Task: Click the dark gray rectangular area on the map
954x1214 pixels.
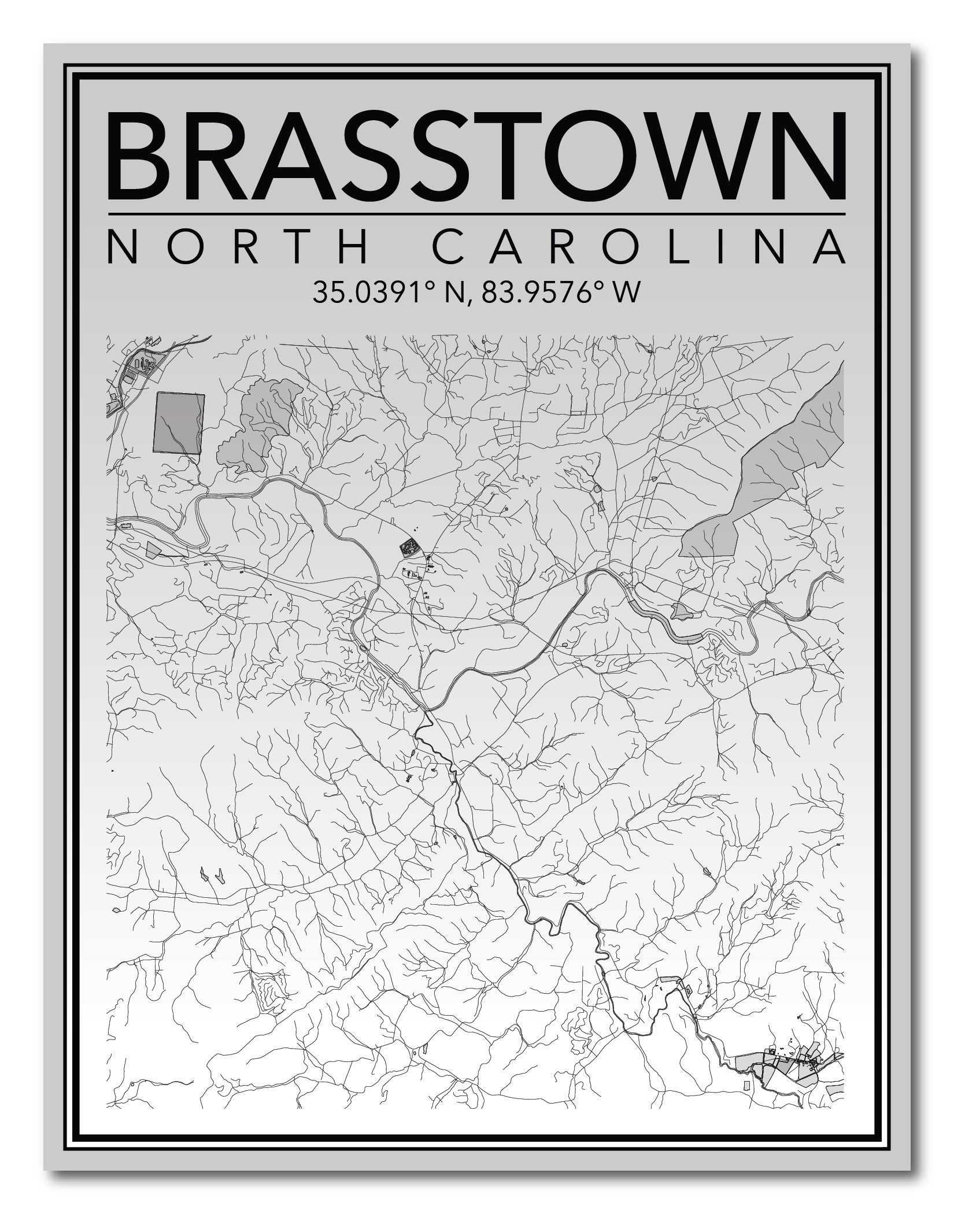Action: (x=179, y=423)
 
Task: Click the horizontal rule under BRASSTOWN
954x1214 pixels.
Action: (x=477, y=214)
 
